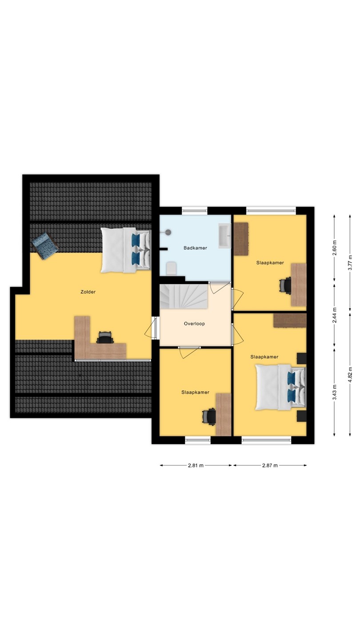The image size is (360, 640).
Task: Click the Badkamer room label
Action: pyautogui.click(x=196, y=248)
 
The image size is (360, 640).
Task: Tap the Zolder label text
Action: pyautogui.click(x=88, y=292)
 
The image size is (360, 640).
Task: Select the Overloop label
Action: pyautogui.click(x=194, y=324)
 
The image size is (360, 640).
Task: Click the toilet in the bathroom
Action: pyautogui.click(x=171, y=268)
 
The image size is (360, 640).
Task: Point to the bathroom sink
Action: pyautogui.click(x=224, y=236)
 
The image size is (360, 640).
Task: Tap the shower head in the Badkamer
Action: pyautogui.click(x=168, y=232)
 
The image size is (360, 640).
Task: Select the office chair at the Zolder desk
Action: pyautogui.click(x=105, y=337)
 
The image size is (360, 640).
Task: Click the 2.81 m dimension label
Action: pyautogui.click(x=196, y=465)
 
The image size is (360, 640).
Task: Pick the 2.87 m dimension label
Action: pyautogui.click(x=270, y=465)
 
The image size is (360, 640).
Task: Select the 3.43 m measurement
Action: pyautogui.click(x=335, y=392)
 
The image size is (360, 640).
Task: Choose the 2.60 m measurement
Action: pyautogui.click(x=335, y=248)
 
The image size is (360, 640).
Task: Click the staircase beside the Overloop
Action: pyautogui.click(x=184, y=296)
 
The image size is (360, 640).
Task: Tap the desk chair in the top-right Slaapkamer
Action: pyautogui.click(x=285, y=285)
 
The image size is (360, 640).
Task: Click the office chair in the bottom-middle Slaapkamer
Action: pyautogui.click(x=209, y=417)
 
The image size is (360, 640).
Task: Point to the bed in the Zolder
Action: pyautogui.click(x=126, y=250)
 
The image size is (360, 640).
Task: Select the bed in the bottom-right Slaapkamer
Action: pyautogui.click(x=280, y=387)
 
